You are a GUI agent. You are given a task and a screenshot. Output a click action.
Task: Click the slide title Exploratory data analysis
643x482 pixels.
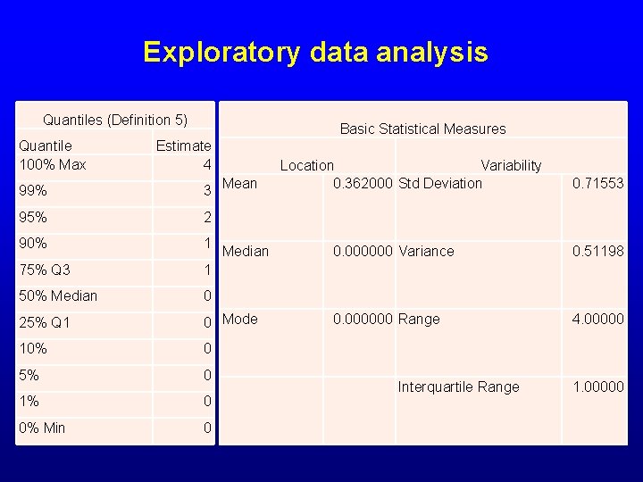click(315, 52)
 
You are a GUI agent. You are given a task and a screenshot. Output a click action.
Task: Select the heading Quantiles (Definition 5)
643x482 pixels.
click(115, 120)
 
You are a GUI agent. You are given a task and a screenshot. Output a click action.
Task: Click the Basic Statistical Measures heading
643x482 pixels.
click(422, 129)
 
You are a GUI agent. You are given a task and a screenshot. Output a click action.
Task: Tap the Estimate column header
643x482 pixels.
click(183, 145)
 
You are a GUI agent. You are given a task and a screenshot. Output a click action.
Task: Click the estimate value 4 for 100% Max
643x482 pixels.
click(206, 165)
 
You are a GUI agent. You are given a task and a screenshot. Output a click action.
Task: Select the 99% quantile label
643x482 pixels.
click(33, 191)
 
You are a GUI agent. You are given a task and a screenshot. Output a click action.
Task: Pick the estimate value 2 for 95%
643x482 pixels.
click(206, 218)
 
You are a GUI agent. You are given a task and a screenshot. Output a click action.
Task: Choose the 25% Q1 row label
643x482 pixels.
click(45, 322)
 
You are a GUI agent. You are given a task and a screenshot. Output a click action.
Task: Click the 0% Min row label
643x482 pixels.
click(42, 428)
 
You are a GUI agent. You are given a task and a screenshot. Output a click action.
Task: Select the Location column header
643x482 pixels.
click(307, 165)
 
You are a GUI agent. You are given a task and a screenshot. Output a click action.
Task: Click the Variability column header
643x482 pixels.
click(511, 165)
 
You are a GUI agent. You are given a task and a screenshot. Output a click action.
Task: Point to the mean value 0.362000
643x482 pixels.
click(363, 183)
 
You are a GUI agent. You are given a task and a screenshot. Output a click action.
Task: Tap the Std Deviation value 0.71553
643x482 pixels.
click(597, 183)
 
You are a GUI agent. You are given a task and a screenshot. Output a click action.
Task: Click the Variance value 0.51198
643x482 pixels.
click(597, 251)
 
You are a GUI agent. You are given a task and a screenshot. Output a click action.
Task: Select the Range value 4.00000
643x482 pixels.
click(597, 319)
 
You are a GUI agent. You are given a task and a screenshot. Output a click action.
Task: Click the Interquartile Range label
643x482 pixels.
click(458, 386)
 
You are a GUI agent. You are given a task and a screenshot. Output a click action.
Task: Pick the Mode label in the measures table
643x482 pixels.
click(239, 319)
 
